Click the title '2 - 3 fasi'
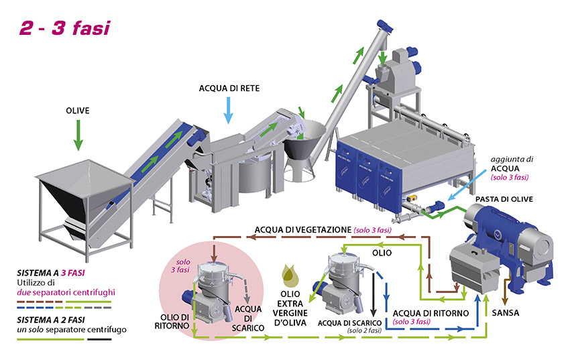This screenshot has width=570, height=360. coord(63,27)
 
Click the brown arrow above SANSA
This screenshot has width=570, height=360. coord(516,294)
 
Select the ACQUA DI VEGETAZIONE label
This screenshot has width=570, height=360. coord(301,230)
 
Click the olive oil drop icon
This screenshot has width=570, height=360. coord(292,274)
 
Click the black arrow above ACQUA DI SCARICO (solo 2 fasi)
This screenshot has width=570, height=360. coord(372,304)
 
